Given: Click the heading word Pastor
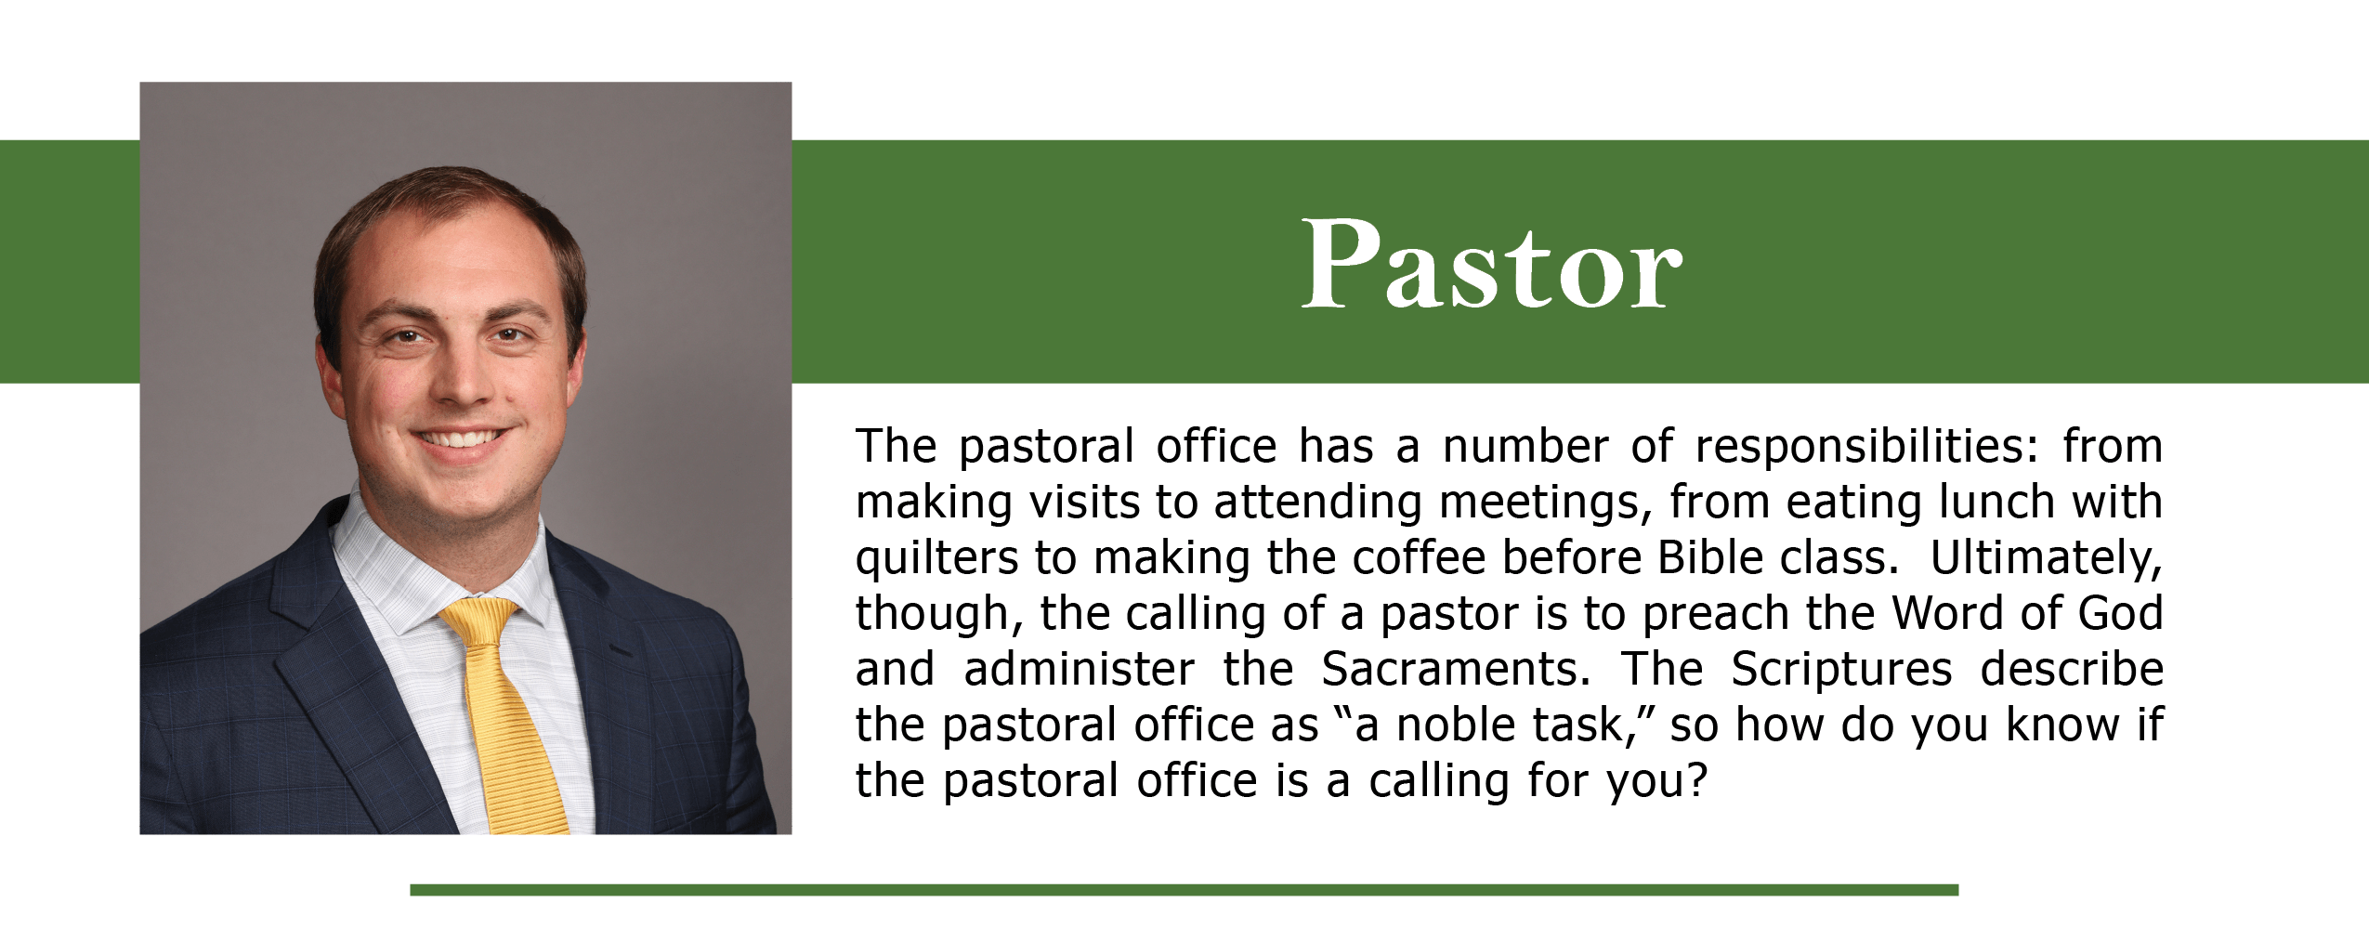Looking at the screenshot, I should coord(1491,265).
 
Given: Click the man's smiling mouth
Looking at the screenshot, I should coord(462,438).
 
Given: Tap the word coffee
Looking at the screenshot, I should coord(1420,557).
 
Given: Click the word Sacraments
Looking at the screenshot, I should coord(1456,669).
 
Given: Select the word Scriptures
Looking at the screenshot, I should coord(1841,670).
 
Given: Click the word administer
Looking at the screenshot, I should coord(1079,669).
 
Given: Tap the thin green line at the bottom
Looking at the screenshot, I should coord(1184,890).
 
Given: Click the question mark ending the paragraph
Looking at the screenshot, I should coord(1698,780).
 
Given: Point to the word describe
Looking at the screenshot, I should coord(2072,669).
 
